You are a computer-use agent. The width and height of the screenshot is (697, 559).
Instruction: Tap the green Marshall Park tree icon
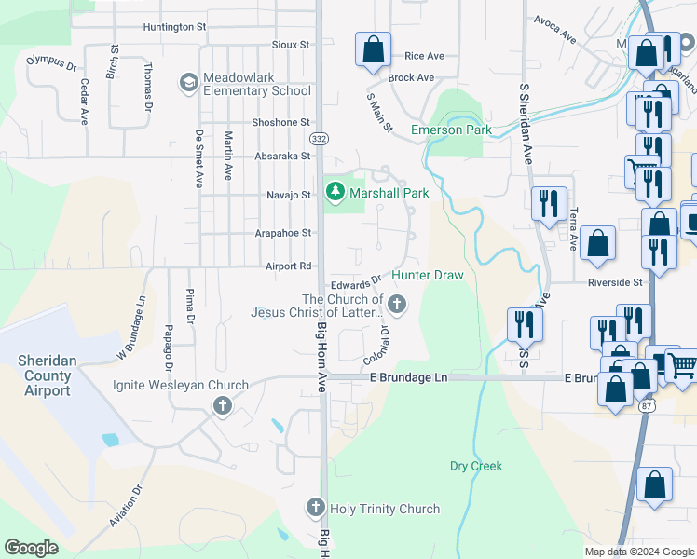[335, 192]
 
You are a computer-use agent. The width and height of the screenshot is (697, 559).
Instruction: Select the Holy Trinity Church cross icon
[316, 508]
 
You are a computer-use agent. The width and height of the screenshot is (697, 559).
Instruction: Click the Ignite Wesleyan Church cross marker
[222, 406]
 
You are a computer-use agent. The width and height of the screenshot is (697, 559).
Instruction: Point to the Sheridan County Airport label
[46, 375]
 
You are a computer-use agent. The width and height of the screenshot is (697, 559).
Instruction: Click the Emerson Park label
[451, 130]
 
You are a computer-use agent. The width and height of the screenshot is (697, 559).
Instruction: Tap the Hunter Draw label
[427, 275]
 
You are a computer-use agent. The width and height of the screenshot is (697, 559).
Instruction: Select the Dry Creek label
[475, 466]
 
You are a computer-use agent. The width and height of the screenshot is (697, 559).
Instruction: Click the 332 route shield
[318, 138]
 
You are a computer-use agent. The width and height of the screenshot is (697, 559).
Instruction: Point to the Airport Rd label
[287, 266]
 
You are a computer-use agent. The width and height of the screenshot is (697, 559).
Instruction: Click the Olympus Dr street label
[52, 62]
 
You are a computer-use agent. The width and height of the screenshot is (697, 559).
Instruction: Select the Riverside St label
[615, 281]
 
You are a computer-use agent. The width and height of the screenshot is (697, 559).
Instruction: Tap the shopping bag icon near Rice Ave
[373, 50]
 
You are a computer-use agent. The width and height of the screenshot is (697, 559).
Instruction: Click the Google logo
[31, 548]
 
